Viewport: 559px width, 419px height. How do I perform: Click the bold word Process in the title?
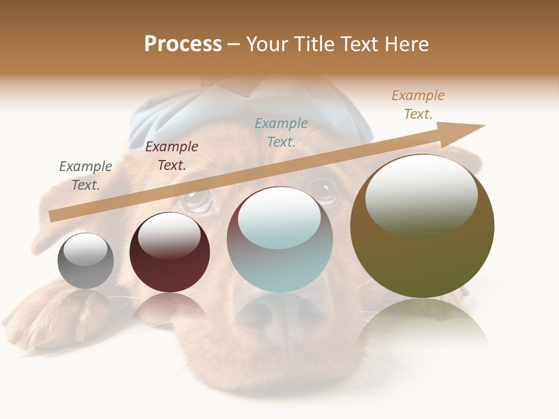pos(183,44)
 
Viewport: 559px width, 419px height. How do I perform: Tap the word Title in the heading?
pos(314,44)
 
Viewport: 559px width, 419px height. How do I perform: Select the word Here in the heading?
pos(407,44)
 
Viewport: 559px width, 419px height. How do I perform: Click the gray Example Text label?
pos(86,175)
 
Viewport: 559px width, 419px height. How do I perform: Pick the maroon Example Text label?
pos(172,155)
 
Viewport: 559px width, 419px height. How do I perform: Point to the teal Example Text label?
pos(281,132)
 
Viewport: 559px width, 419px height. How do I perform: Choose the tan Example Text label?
pos(418,105)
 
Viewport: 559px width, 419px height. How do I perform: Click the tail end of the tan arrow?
pos(54,216)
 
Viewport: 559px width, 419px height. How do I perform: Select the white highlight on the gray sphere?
pos(85,248)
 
